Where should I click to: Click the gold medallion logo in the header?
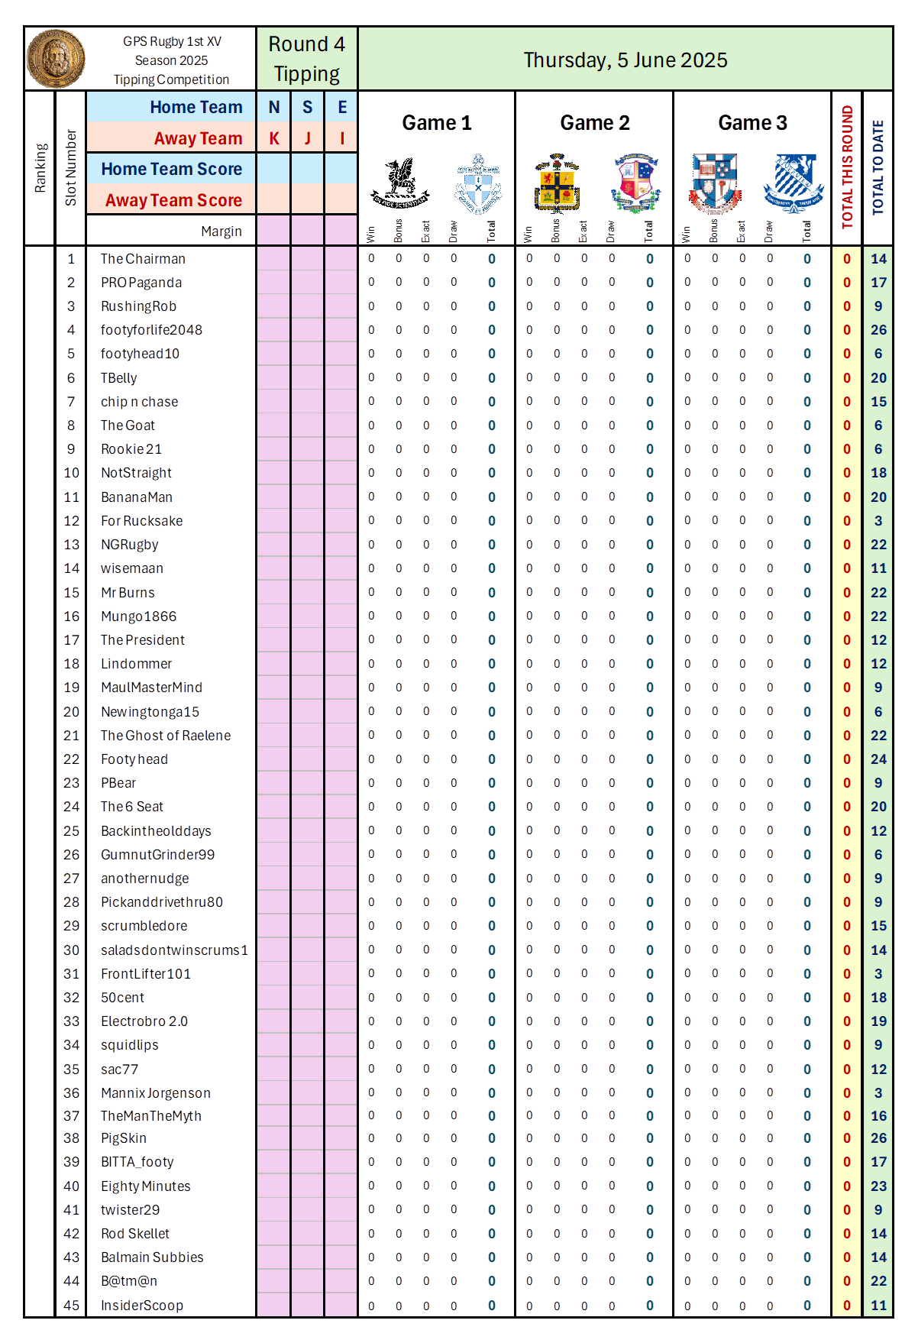(x=56, y=59)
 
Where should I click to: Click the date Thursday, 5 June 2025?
(x=625, y=60)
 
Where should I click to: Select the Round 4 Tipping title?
(x=306, y=59)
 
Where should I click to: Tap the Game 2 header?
(x=594, y=123)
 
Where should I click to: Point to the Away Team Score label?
(x=173, y=200)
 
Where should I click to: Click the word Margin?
(x=221, y=231)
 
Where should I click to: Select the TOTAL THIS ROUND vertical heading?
(x=847, y=167)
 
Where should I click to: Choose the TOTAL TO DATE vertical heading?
(x=878, y=167)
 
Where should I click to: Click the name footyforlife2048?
(x=151, y=330)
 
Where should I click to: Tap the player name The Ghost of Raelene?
(x=166, y=736)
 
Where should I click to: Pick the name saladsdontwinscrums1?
(x=174, y=950)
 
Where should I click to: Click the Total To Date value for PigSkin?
(x=878, y=1138)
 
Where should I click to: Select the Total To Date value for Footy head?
(x=878, y=759)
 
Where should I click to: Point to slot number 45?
(x=71, y=1306)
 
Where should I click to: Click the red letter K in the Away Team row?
(x=273, y=138)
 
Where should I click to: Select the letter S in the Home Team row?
(x=307, y=107)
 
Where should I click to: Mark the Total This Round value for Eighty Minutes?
(x=847, y=1186)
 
